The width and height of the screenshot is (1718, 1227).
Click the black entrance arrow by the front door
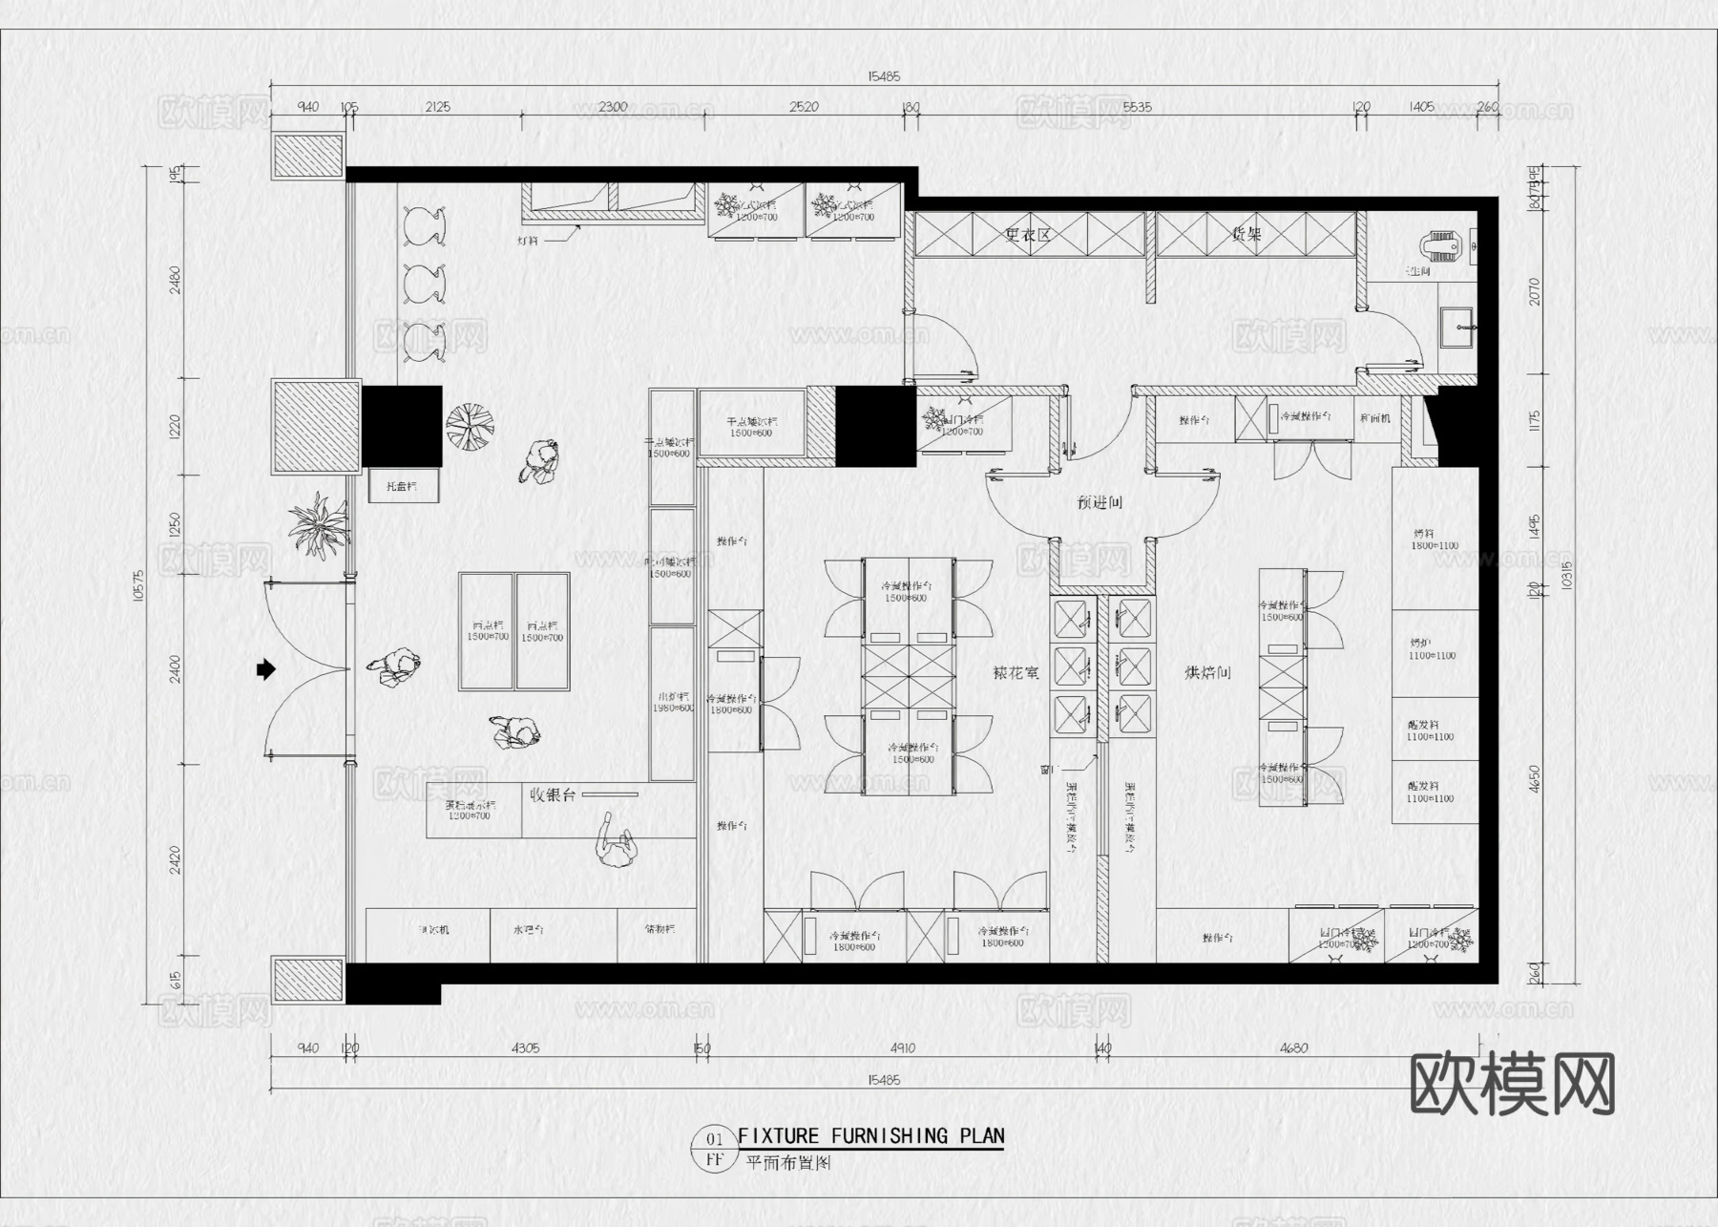coord(265,669)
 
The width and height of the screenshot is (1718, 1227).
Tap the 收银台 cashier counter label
coord(553,794)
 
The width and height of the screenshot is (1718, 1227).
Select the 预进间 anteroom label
coord(1100,502)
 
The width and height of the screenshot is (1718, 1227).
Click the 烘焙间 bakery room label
coord(1207,673)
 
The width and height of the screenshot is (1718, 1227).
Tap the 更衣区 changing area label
coord(1027,234)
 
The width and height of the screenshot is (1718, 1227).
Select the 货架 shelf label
coord(1247,234)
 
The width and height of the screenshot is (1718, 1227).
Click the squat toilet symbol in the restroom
coord(1442,248)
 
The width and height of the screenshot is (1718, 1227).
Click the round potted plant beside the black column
coord(470,426)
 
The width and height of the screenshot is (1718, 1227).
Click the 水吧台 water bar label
coord(528,929)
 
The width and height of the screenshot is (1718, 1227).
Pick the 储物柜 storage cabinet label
coord(660,929)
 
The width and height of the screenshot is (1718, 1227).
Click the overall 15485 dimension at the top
coord(883,76)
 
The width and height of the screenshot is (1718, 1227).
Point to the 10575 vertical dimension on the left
coord(139,584)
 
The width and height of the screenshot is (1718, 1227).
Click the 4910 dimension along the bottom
coord(902,1048)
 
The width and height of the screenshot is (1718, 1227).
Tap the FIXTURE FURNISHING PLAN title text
coord(870,1136)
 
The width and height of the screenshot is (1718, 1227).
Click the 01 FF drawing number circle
coord(714,1150)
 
